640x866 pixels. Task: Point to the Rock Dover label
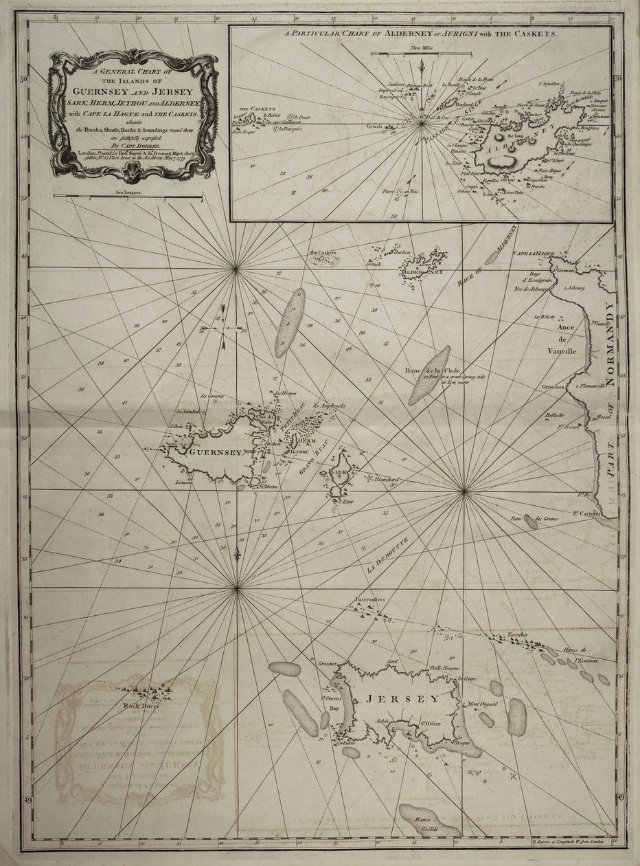(x=141, y=705)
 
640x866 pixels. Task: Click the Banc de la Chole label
(x=426, y=372)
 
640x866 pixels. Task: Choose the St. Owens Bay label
(x=332, y=706)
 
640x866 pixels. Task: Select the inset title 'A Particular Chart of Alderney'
(x=420, y=32)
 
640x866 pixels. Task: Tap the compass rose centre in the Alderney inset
(x=421, y=124)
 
